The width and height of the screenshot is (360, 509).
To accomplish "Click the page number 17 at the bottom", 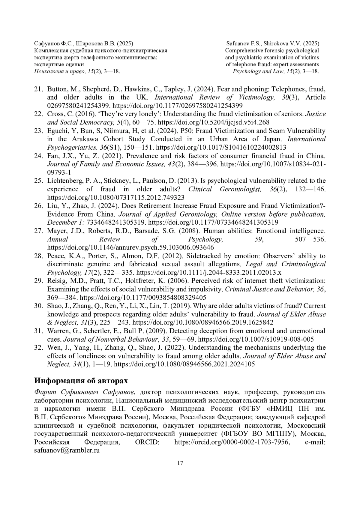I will coord(180,463).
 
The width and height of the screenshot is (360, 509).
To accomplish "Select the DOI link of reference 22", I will coord(213,122).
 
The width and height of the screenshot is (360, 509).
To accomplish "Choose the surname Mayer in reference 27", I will coord(56,231).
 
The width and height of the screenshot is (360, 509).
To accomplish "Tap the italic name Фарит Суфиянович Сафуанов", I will coord(85,392).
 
